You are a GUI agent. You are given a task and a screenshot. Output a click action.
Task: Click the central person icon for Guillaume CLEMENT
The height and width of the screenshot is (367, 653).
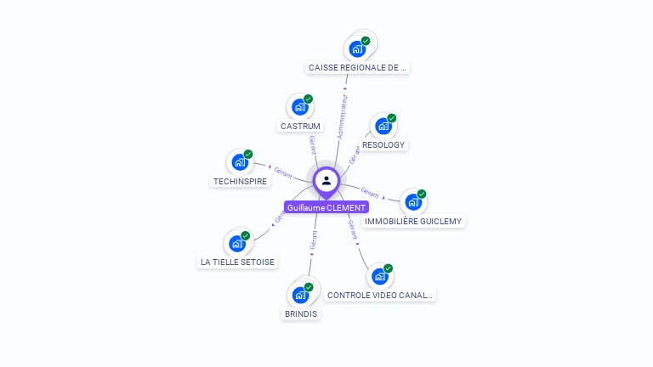[326, 181]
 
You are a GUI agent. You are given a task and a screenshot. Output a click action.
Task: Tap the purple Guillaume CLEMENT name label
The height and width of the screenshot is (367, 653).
[326, 207]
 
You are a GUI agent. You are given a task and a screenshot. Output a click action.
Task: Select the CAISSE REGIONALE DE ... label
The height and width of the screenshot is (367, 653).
[358, 67]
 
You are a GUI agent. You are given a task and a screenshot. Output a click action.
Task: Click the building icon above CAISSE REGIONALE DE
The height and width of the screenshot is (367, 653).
[358, 48]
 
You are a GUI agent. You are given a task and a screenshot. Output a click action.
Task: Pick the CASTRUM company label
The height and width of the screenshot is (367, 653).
[300, 126]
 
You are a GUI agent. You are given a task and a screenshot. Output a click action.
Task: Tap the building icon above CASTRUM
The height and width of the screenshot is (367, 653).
[299, 107]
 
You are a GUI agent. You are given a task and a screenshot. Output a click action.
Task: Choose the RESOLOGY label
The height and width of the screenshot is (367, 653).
[383, 144]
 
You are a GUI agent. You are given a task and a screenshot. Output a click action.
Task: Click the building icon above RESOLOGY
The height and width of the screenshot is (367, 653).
[383, 126]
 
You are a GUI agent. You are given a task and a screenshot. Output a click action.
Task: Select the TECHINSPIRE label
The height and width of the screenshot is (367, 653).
[240, 181]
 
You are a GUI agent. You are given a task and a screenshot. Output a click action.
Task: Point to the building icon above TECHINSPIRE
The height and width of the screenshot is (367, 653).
[239, 161]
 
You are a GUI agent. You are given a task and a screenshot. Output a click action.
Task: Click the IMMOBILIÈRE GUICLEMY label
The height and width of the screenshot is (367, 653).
[413, 221]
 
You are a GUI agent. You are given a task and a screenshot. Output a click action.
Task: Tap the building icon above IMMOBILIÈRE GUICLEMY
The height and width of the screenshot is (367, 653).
[412, 202]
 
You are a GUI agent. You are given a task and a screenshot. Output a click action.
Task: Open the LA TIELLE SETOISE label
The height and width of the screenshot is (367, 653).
[237, 262]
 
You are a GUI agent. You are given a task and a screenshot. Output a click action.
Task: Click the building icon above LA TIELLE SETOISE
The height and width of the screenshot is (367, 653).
[237, 243]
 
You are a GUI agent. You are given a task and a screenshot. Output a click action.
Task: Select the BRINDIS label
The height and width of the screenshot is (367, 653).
[300, 313]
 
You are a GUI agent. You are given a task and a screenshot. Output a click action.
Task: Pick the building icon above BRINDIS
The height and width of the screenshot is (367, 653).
[299, 295]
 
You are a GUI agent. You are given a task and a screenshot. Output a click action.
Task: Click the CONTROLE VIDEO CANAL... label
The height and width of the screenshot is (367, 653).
[380, 295]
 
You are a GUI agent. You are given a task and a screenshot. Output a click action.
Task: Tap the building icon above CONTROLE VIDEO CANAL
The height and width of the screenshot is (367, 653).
[379, 276]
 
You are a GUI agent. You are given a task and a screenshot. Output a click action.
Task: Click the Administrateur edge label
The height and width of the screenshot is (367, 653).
[342, 117]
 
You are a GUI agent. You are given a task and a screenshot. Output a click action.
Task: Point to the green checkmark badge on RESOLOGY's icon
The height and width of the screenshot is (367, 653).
[392, 118]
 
